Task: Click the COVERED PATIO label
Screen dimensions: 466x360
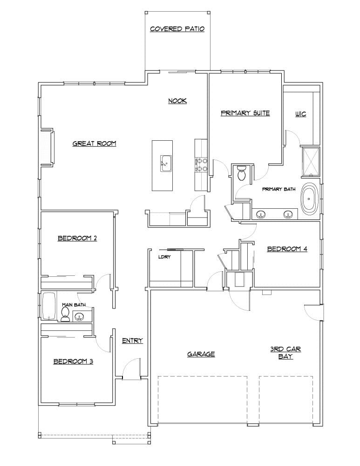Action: (x=177, y=29)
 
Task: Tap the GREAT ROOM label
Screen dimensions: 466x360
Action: (x=94, y=144)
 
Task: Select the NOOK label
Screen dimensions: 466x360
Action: (x=177, y=101)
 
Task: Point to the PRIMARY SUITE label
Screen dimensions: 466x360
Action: (x=245, y=113)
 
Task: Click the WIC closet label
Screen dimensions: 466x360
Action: (x=301, y=114)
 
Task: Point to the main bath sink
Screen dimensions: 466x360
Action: (x=79, y=317)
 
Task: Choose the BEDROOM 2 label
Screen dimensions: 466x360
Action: (x=77, y=238)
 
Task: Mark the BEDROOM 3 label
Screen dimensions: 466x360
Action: (x=73, y=361)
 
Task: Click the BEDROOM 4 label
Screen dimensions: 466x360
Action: (x=287, y=249)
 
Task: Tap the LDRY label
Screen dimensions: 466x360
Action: (x=163, y=257)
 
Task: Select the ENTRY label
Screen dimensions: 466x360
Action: (x=132, y=341)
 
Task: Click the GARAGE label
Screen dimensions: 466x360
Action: (x=201, y=354)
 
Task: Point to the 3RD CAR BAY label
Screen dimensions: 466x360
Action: (x=285, y=353)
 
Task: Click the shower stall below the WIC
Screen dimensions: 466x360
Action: (x=311, y=161)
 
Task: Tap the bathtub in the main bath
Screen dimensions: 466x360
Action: (x=49, y=306)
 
